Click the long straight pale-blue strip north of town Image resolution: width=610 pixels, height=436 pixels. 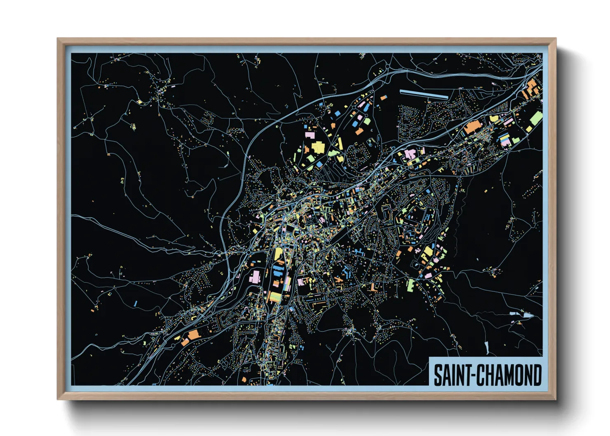[423, 94]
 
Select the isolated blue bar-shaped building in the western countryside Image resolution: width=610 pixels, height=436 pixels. [135, 303]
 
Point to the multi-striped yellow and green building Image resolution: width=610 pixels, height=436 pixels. [275, 296]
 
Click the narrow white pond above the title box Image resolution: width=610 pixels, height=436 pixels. [486, 348]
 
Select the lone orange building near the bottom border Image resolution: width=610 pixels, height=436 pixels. [244, 379]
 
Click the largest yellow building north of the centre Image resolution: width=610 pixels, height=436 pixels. [317, 147]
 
